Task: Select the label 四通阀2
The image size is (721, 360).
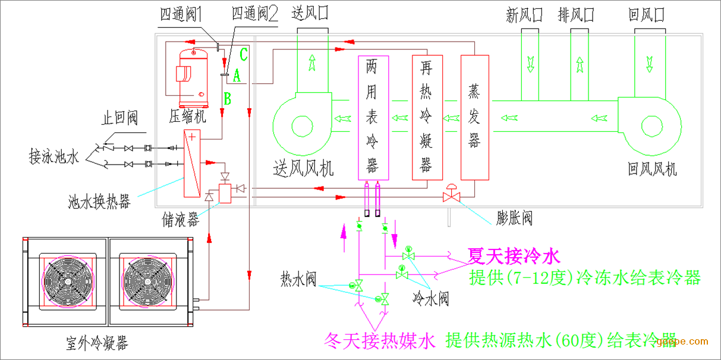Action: click(x=254, y=14)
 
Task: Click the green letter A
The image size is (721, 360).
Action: click(x=237, y=75)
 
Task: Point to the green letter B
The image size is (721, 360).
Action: click(x=227, y=98)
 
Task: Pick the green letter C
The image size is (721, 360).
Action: click(x=243, y=55)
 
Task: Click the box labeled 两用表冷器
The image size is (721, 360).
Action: click(x=373, y=118)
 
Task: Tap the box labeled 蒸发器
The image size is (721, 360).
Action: click(x=474, y=118)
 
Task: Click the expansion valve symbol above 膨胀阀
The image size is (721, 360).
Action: click(x=451, y=195)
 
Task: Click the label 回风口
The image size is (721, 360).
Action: click(x=646, y=14)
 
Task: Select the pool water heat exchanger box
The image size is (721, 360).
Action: click(x=192, y=163)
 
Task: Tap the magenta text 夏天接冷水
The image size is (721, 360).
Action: click(x=514, y=257)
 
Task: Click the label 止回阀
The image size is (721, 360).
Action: click(x=119, y=119)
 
